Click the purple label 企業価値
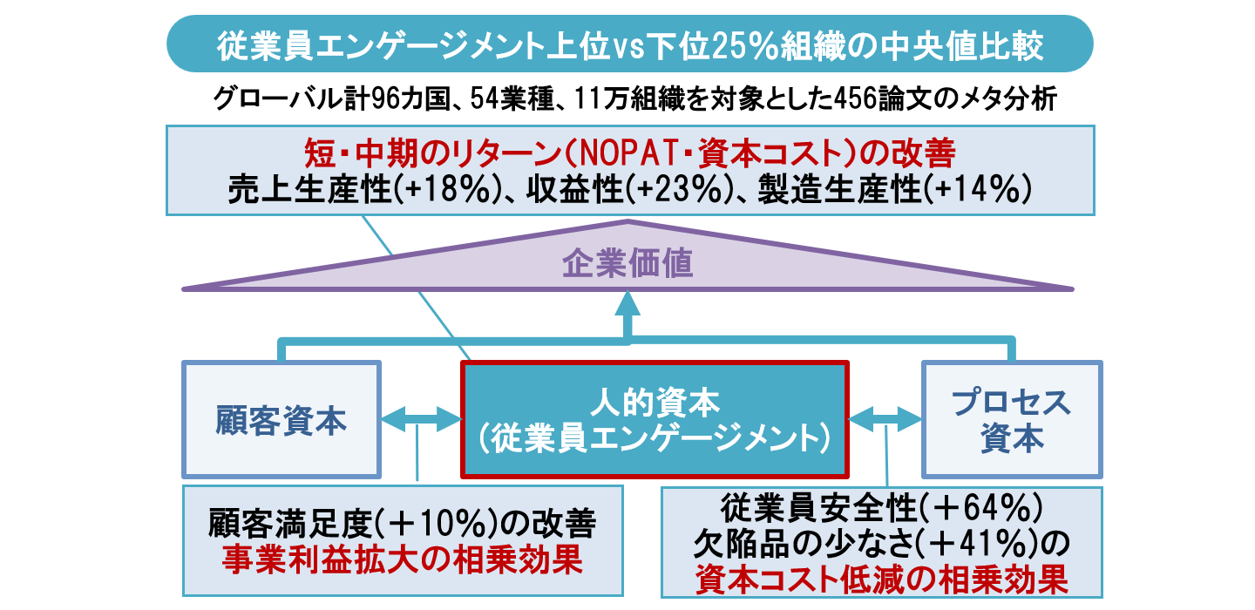point(627,262)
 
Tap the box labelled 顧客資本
point(281,420)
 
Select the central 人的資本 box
point(653,420)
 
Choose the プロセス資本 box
point(1011,420)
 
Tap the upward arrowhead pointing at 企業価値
point(627,305)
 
